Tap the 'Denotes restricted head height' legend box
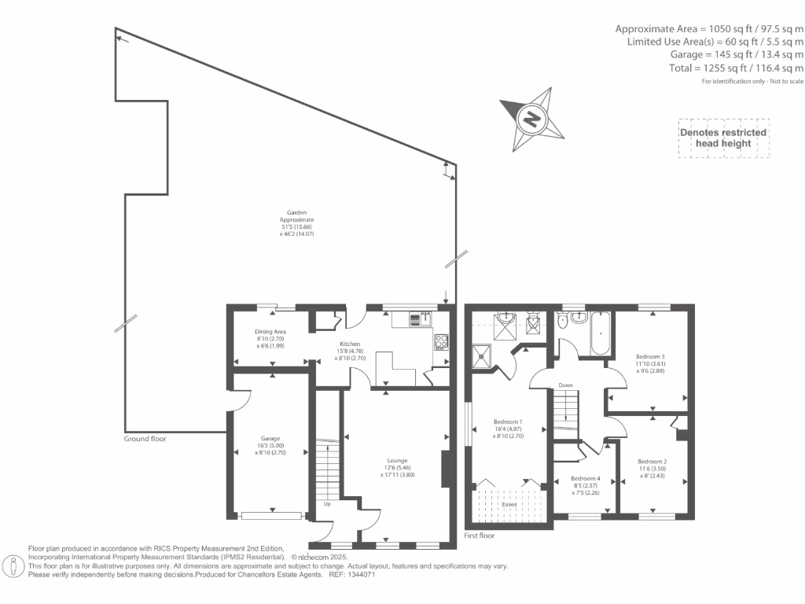click(x=723, y=138)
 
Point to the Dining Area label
click(x=270, y=338)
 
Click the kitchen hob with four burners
click(x=441, y=342)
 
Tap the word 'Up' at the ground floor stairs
click(x=327, y=503)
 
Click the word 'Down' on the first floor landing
click(x=565, y=385)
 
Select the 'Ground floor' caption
click(x=145, y=439)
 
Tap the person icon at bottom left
click(x=13, y=565)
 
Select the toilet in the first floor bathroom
click(x=562, y=322)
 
